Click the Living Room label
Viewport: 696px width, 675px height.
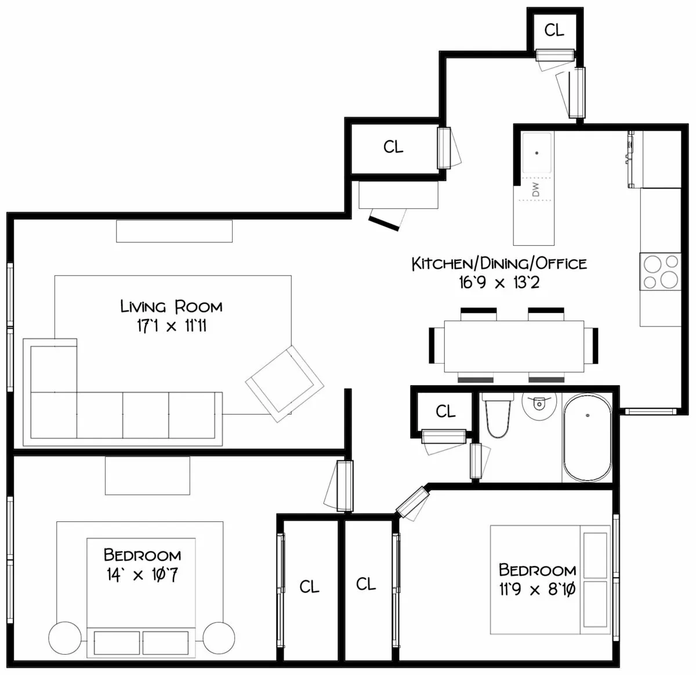pos(171,306)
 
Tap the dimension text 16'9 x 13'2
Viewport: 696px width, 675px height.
pos(499,283)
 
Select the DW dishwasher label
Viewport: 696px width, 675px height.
pos(535,189)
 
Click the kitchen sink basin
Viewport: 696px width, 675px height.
pos(537,153)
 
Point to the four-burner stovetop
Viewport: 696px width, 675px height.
pos(660,271)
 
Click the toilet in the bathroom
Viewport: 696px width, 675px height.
pos(498,416)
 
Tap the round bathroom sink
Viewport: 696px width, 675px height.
pos(539,404)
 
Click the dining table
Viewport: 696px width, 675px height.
pos(514,346)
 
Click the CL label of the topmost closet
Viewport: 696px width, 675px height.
pos(554,30)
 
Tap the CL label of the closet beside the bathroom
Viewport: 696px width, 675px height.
pos(445,412)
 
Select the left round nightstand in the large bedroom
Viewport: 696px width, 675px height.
pos(65,638)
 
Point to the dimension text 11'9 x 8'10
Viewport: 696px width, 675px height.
pos(537,590)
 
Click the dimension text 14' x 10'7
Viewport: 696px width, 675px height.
pos(143,575)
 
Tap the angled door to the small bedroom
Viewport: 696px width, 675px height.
pos(412,502)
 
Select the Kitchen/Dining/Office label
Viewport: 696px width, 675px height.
pos(499,264)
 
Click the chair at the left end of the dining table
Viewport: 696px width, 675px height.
pos(433,345)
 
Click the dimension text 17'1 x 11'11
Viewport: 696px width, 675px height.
pos(172,326)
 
